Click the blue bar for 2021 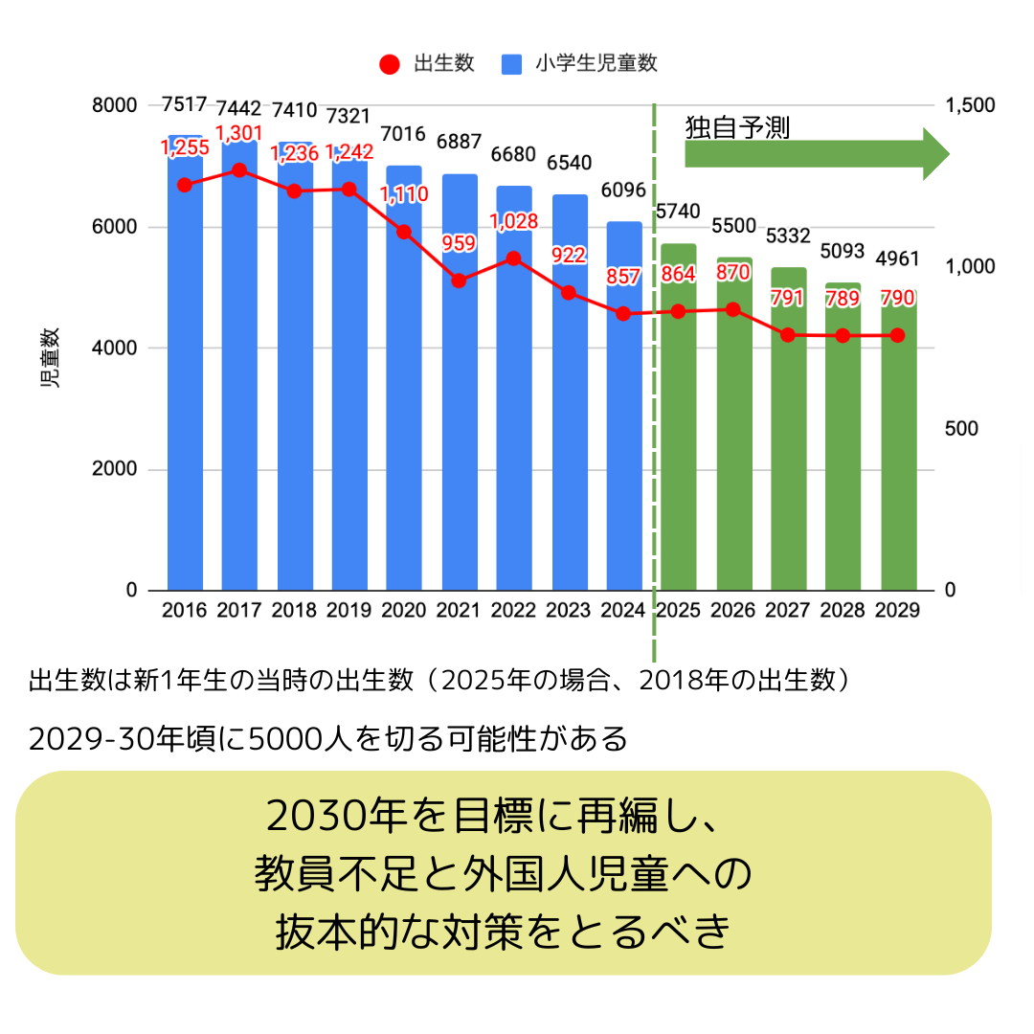460,431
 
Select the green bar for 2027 788,460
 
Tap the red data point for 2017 239,170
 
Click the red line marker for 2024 623,313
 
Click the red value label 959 459,243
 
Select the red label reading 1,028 514,221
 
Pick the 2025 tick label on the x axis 678,611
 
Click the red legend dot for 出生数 389,65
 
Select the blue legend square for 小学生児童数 510,65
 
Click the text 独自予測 737,128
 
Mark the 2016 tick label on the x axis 185,611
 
